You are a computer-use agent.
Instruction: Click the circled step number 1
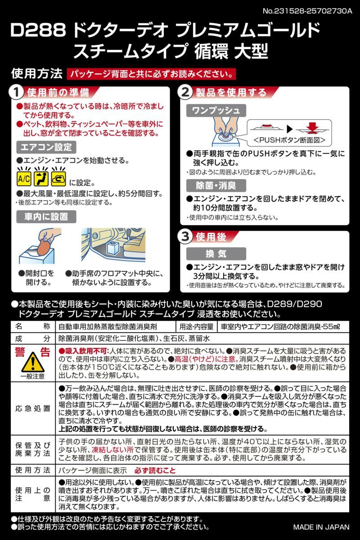click(x=15, y=93)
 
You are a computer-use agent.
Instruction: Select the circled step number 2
click(x=185, y=93)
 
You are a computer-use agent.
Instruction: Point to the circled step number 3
click(x=185, y=237)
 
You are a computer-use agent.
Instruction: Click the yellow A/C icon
click(x=24, y=179)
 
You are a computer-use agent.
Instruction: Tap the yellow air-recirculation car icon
click(x=58, y=179)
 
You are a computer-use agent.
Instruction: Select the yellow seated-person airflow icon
click(x=41, y=179)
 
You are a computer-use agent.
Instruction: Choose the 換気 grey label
click(x=216, y=253)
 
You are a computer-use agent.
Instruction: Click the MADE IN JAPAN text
click(x=321, y=527)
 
